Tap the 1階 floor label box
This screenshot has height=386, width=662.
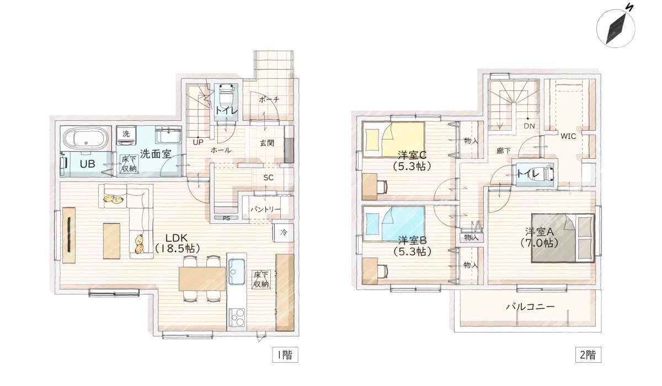[x=285, y=355]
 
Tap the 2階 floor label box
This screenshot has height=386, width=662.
[x=587, y=355]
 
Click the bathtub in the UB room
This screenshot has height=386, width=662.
[x=85, y=138]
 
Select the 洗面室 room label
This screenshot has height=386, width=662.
[x=154, y=154]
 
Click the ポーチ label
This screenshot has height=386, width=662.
[x=269, y=99]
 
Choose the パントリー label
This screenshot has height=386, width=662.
[x=265, y=210]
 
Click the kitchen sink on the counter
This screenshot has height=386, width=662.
[x=237, y=270]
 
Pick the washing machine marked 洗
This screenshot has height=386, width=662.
[x=126, y=134]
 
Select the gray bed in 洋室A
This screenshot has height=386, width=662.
[x=563, y=237]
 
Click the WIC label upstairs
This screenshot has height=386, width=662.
[x=568, y=136]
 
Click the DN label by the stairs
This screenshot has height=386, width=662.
[x=528, y=126]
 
